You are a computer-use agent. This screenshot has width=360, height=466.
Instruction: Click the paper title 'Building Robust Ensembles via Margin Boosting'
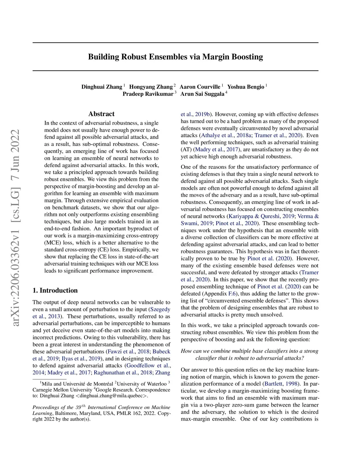[x=175, y=57]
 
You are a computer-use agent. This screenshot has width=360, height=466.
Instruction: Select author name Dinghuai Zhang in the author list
[x=102, y=87]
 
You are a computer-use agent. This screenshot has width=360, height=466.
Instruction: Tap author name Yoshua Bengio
[x=245, y=87]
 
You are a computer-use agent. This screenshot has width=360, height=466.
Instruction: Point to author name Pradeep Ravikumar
[x=148, y=94]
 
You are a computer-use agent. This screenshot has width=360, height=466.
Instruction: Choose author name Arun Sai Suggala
[x=202, y=94]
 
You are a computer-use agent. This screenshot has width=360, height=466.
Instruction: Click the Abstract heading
[x=101, y=114]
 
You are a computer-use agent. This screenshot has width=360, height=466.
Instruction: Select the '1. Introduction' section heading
[x=55, y=291]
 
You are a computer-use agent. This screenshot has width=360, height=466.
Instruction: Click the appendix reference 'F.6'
[x=232, y=294]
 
